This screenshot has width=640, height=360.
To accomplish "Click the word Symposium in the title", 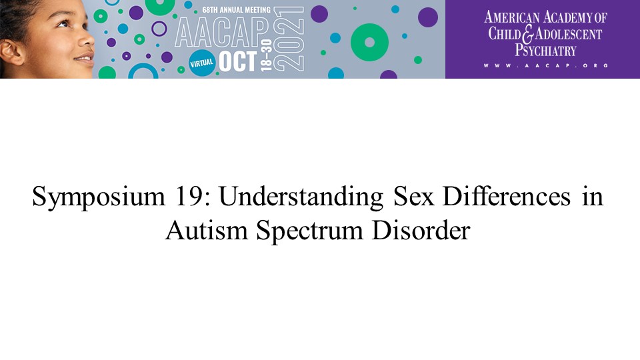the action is click(x=99, y=197).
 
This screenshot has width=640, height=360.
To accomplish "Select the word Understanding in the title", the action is click(x=301, y=197).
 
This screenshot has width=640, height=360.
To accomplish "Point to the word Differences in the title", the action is click(x=506, y=196).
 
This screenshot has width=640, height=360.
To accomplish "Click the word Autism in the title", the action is click(x=207, y=230).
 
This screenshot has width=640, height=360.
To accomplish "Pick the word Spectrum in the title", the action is click(x=310, y=231).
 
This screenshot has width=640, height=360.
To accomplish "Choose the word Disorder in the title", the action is click(x=421, y=230).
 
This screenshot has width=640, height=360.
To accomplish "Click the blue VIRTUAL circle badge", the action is click(x=201, y=63).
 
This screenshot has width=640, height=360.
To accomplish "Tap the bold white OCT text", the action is click(x=237, y=61).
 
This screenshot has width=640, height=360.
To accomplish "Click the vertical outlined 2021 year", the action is click(x=289, y=39).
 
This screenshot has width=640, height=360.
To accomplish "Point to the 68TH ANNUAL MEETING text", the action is click(x=236, y=9).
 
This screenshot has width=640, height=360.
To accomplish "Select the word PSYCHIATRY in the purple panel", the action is click(x=545, y=50).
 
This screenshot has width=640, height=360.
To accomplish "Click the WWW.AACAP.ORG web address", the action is click(x=546, y=65).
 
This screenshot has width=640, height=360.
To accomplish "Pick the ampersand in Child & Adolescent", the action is click(x=528, y=34).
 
